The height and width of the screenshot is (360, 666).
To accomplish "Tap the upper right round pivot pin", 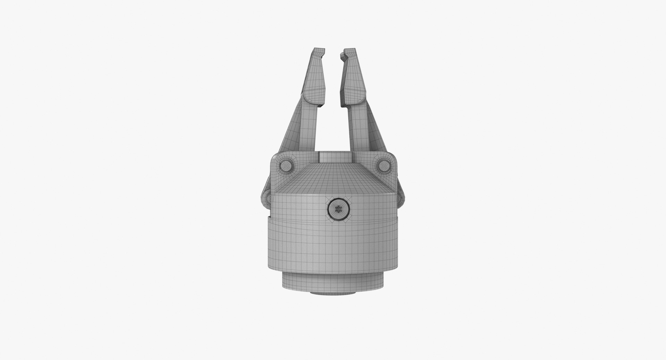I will click(384, 166).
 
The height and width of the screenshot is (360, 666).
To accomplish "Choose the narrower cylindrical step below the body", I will click(333, 281).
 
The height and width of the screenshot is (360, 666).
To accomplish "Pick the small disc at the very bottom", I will click(333, 293).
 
